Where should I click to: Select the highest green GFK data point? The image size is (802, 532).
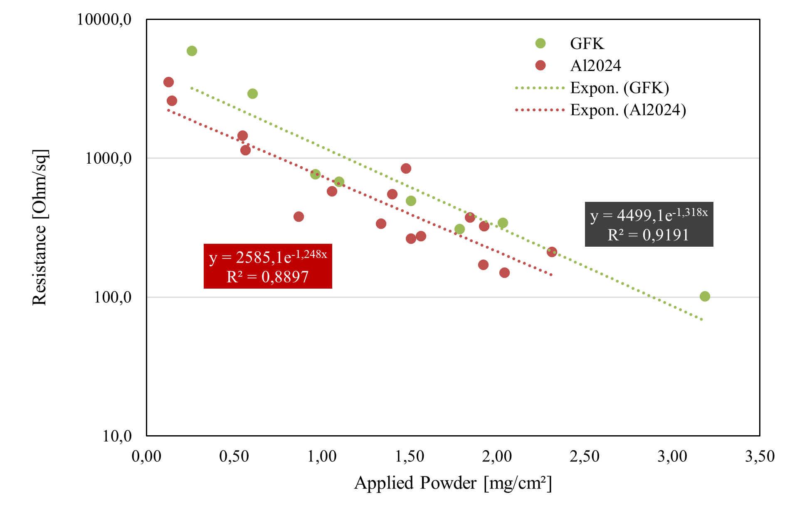(192, 51)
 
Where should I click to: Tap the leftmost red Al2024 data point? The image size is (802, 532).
(168, 82)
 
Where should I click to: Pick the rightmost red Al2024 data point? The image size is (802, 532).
(552, 252)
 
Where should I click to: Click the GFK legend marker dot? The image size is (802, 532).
(540, 43)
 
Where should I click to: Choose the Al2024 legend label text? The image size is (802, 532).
(595, 66)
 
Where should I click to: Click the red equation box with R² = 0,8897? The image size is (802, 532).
(268, 266)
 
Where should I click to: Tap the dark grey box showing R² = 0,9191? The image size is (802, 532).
(649, 224)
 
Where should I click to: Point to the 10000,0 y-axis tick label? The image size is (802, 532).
(104, 20)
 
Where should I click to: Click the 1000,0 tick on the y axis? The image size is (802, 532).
(109, 158)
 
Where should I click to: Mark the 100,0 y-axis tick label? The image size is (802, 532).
(113, 297)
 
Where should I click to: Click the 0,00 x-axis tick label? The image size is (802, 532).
(146, 456)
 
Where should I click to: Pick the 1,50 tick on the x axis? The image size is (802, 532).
(410, 456)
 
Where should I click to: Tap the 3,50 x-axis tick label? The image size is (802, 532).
(760, 456)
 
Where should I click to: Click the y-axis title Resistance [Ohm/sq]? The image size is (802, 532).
(40, 227)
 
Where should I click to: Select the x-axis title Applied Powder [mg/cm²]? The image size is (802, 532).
(453, 483)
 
